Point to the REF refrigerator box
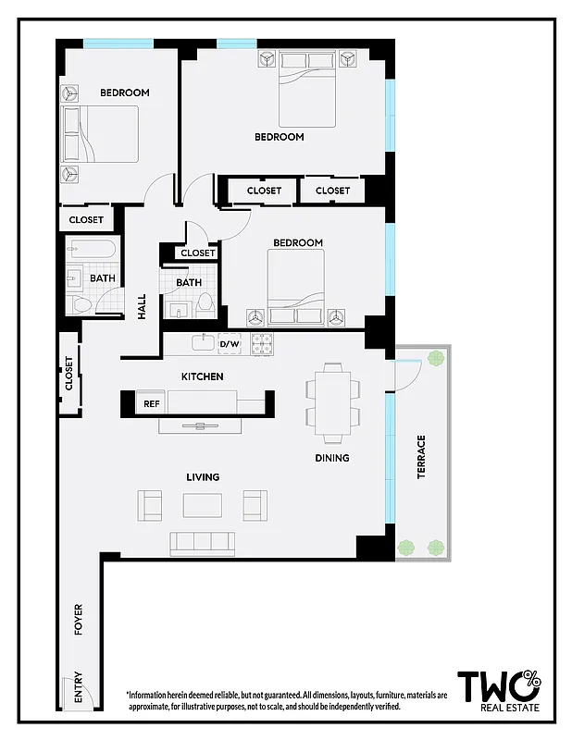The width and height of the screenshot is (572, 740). click(151, 404)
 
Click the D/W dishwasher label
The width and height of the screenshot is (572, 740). click(229, 345)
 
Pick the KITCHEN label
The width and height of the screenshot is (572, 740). click(202, 376)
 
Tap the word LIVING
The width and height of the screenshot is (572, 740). click(203, 477)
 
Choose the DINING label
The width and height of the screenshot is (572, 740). click(331, 458)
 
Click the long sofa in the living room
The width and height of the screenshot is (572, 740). click(203, 542)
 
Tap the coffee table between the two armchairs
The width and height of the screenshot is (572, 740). click(203, 505)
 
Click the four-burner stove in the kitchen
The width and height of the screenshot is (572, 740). click(262, 345)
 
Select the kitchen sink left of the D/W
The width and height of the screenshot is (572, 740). click(202, 344)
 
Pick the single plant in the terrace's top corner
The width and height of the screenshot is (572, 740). click(435, 359)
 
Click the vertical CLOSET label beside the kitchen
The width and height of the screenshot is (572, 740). click(69, 374)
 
